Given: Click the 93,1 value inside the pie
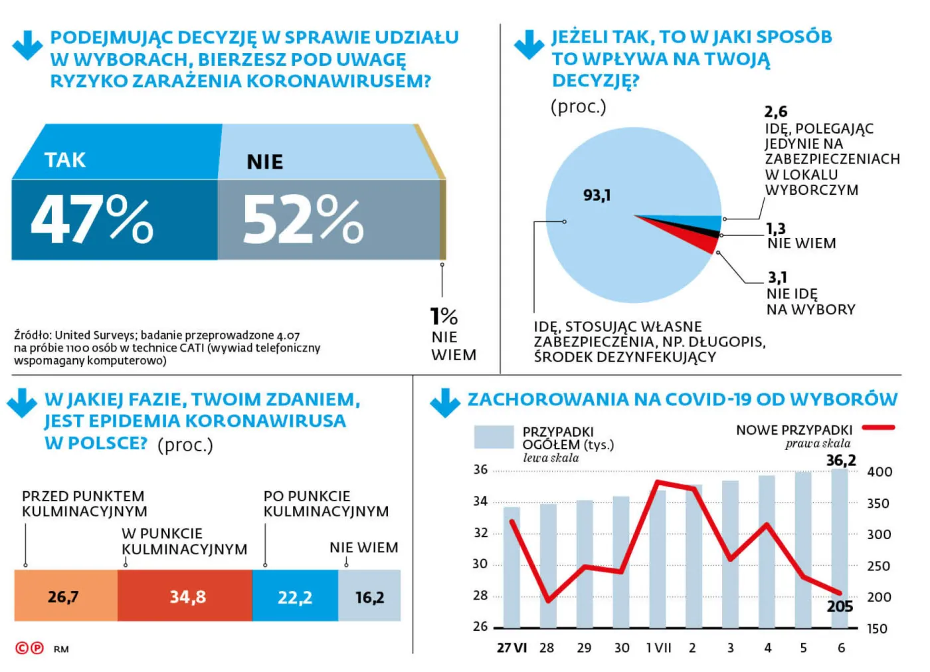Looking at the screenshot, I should [x=597, y=195].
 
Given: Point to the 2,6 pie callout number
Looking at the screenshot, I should [x=775, y=112].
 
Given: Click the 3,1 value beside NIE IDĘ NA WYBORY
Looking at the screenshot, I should [x=777, y=277].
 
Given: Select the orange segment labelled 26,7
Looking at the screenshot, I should [x=64, y=596].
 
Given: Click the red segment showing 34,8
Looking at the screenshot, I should [x=187, y=596].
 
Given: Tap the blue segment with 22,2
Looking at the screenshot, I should [x=294, y=596].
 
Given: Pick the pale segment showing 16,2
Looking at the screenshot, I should [x=369, y=596].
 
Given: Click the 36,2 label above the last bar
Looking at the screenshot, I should [x=840, y=460].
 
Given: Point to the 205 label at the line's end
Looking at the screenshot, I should [x=840, y=606].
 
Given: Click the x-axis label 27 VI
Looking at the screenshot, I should [x=511, y=647].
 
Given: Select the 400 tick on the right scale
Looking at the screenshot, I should [x=880, y=472].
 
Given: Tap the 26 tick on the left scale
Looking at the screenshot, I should [x=480, y=626].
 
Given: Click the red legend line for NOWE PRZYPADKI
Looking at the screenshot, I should [x=878, y=427].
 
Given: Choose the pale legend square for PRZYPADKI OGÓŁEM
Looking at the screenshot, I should [x=494, y=437].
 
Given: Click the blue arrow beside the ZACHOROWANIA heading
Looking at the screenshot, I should [x=445, y=403].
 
